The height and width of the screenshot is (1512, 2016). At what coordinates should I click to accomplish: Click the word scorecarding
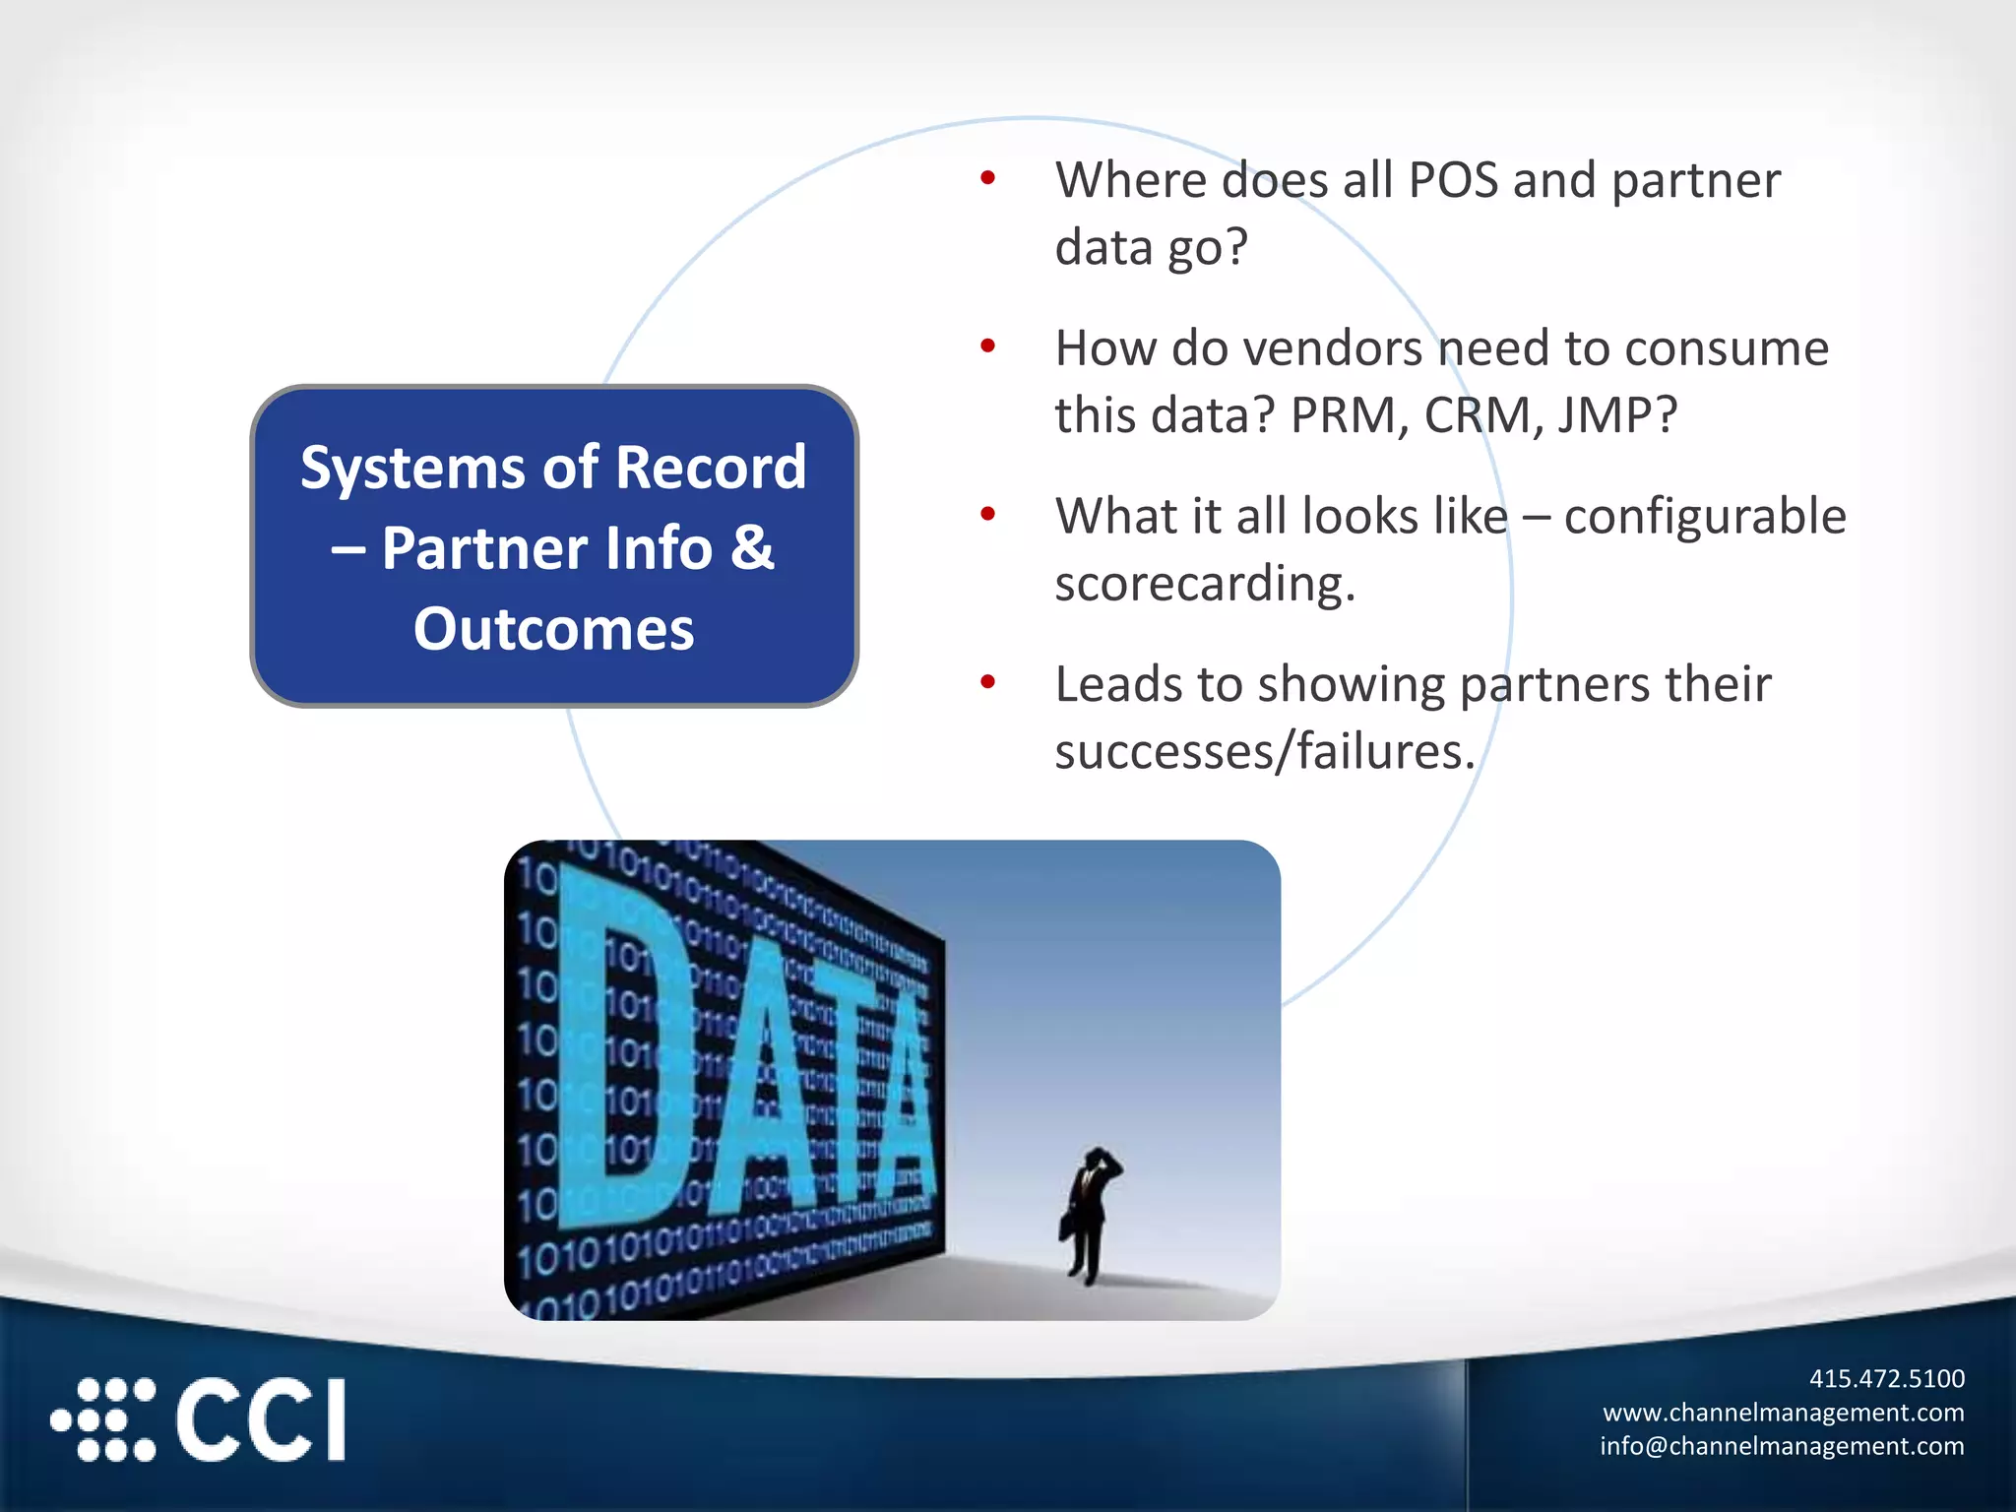point(1204,585)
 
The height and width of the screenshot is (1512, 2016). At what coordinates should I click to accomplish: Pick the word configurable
point(1704,517)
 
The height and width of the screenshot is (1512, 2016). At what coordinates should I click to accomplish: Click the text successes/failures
point(1264,752)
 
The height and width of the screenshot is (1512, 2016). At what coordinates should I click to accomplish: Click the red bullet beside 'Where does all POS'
point(988,178)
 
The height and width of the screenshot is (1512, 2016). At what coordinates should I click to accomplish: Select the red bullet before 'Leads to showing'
point(988,682)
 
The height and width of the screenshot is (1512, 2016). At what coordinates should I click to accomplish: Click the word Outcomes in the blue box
point(553,629)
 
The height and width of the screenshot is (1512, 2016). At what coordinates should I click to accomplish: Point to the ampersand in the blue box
point(752,547)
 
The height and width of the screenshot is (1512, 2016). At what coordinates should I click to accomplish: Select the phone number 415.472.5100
point(1886,1378)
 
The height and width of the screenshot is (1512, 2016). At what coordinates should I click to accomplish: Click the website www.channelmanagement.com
point(1783,1413)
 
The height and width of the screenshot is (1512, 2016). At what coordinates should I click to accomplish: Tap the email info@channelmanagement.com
point(1781,1446)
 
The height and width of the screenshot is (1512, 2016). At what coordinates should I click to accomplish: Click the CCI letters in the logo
point(261,1418)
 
